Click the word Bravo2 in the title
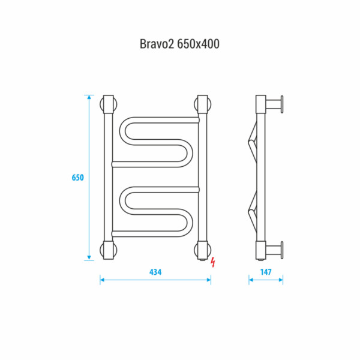click(157, 44)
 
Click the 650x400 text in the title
click(199, 44)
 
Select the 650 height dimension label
click(78, 178)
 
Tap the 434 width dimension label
click(155, 272)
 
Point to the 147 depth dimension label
click(266, 272)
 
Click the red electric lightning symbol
click(213, 262)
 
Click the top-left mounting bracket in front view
click(109, 104)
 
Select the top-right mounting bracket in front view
click(203, 104)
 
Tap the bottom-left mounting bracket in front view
click(109, 250)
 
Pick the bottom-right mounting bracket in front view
click(203, 251)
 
